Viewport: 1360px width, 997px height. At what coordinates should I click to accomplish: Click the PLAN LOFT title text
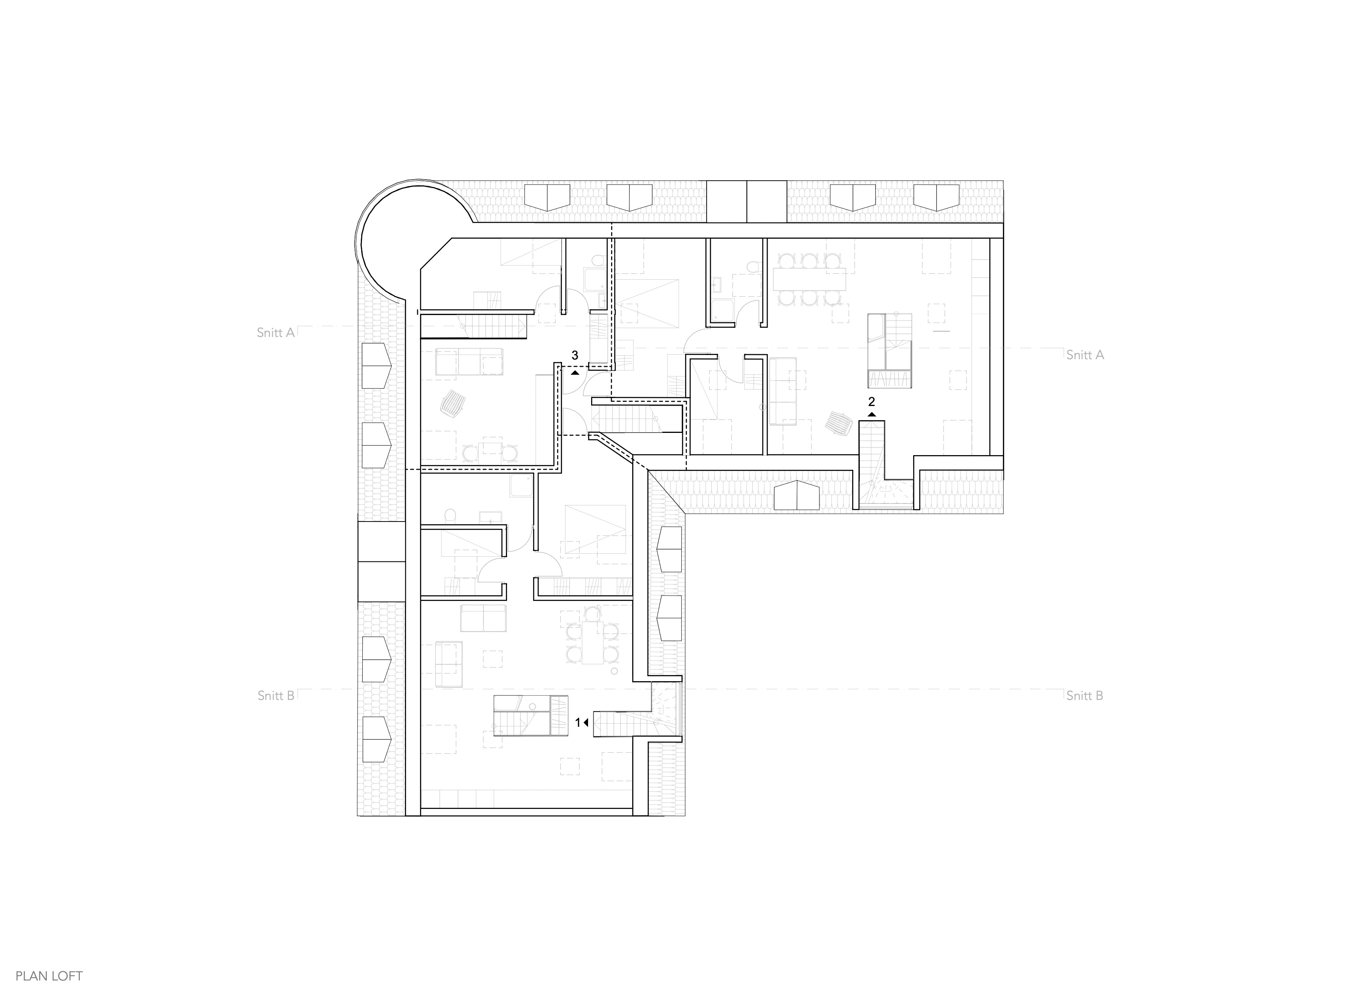pos(49,976)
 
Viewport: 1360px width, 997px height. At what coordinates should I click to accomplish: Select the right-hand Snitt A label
pos(1085,355)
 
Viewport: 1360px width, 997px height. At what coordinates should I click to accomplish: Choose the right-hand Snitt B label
pos(1085,695)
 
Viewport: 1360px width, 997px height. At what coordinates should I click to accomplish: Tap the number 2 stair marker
pos(871,401)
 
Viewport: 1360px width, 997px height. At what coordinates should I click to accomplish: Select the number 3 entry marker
pos(575,355)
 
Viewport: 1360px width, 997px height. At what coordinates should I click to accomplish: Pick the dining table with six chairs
pos(809,279)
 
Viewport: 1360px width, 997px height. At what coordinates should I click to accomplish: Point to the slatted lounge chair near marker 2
pos(839,423)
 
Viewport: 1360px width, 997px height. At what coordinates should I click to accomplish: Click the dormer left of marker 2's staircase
pos(797,495)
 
